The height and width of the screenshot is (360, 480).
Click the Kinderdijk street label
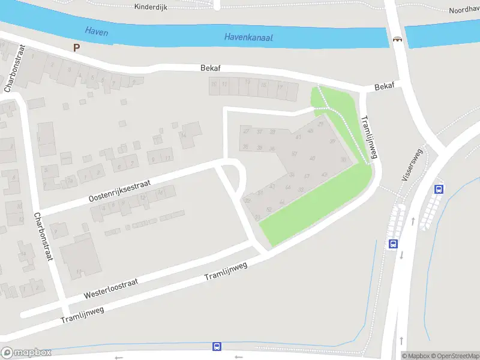click(151, 7)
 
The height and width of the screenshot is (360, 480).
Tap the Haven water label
click(97, 31)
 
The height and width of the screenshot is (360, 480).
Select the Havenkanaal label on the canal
click(248, 37)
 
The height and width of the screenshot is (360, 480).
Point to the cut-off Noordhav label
click(464, 10)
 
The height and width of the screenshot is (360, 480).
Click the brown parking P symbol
click(76, 47)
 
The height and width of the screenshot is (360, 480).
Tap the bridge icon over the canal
click(397, 40)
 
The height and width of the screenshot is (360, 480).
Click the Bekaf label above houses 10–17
click(211, 68)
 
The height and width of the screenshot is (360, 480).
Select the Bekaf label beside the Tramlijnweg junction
click(384, 87)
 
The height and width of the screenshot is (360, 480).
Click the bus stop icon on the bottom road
click(217, 346)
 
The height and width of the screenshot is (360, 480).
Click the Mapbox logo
click(26, 353)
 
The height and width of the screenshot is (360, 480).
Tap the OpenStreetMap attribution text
click(455, 356)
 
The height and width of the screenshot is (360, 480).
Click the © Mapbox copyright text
click(415, 356)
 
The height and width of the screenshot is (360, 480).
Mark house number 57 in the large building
click(307, 176)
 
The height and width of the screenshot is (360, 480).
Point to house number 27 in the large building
click(245, 131)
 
